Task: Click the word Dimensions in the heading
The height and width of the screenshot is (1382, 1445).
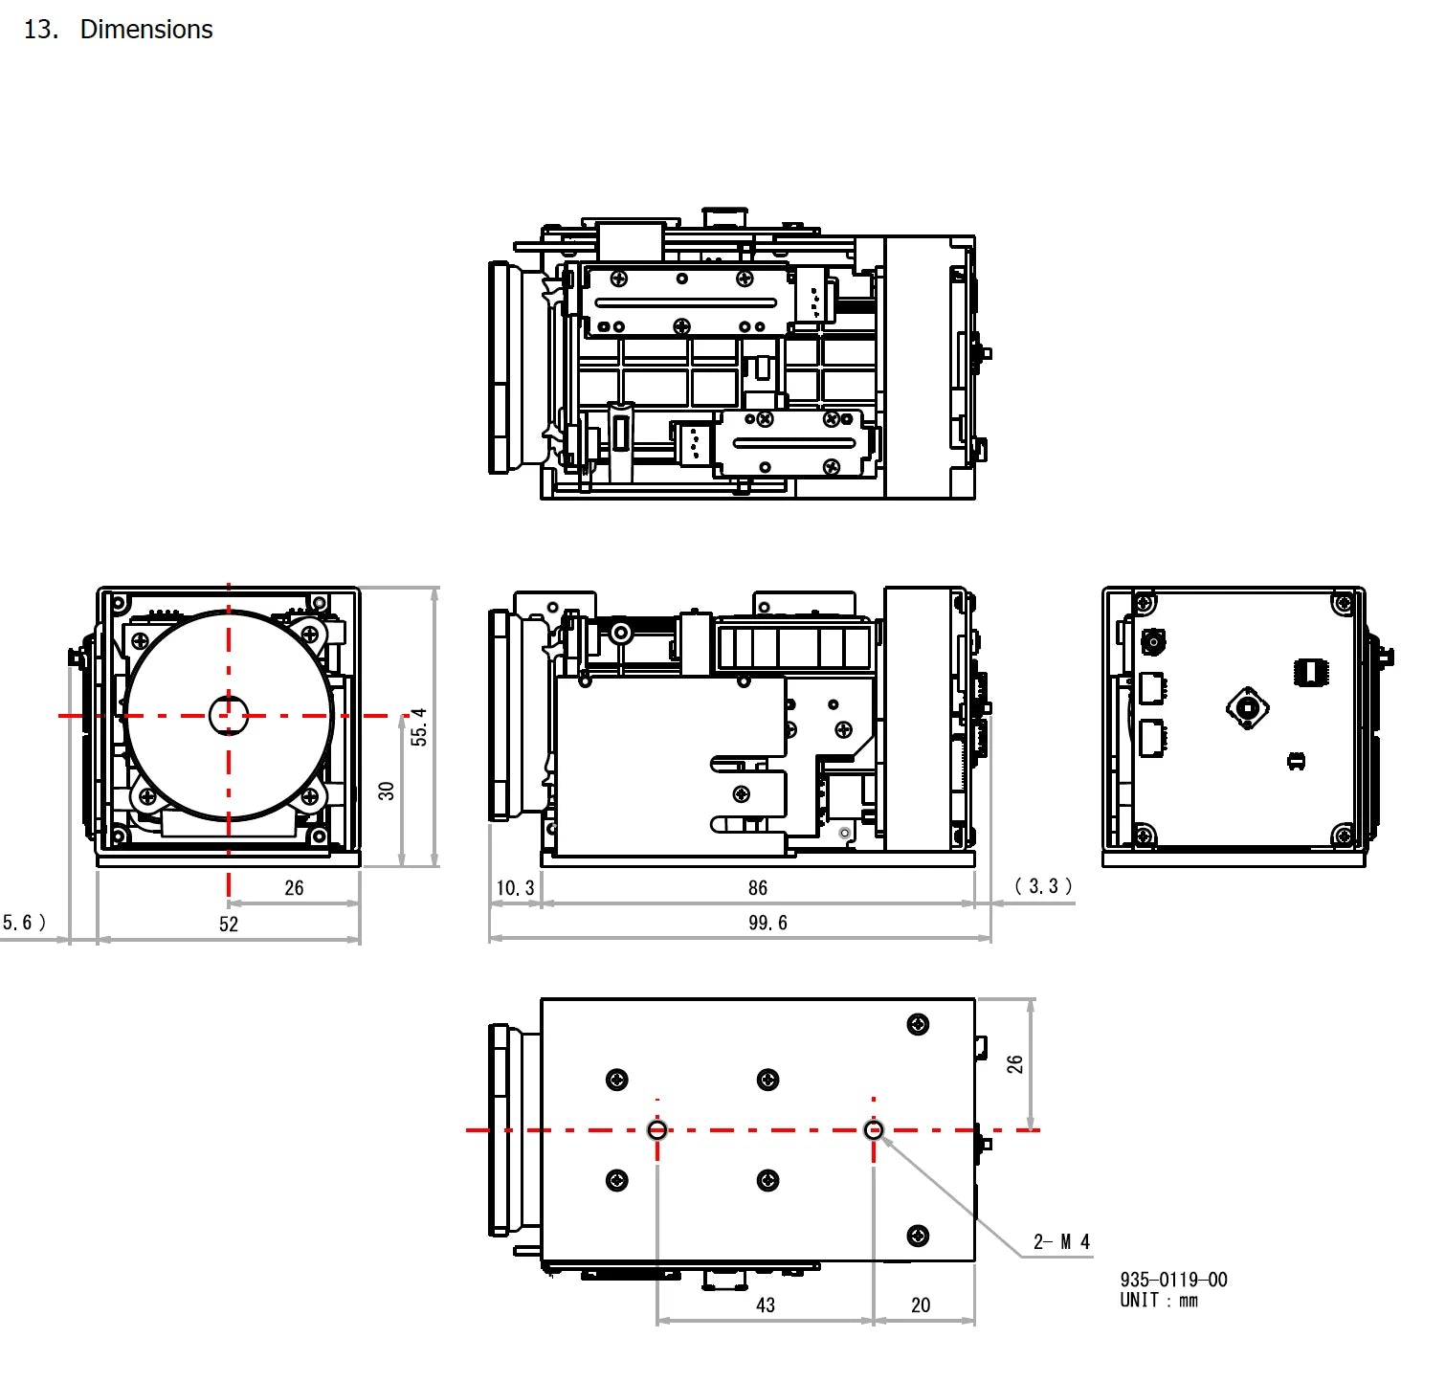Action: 146,30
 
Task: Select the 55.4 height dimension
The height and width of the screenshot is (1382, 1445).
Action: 419,727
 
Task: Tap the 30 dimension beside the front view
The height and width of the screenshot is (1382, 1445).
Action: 387,791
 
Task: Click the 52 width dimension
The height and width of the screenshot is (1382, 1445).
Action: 229,924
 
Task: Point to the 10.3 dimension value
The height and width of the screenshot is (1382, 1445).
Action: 515,888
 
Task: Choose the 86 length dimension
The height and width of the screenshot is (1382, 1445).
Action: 758,888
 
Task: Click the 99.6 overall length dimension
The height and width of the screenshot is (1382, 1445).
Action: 767,923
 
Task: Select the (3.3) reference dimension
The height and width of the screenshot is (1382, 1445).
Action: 1043,886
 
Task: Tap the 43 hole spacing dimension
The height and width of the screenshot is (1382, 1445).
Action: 766,1304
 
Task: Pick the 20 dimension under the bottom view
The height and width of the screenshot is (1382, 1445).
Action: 921,1304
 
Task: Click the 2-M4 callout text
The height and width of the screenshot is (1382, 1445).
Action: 1061,1241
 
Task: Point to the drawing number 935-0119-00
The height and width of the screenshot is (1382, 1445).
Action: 1173,1280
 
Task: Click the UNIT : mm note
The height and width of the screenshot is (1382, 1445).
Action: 1159,1300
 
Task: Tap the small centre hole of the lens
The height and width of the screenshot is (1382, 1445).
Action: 229,714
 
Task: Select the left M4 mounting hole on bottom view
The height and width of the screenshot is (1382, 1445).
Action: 657,1130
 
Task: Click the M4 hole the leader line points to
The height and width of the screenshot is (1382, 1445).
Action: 873,1130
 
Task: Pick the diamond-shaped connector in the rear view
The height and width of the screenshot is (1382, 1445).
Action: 1248,708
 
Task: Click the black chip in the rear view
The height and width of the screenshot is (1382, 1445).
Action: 1310,672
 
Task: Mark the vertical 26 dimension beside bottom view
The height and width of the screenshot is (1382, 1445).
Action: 1014,1063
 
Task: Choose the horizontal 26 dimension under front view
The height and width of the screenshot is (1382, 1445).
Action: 294,888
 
